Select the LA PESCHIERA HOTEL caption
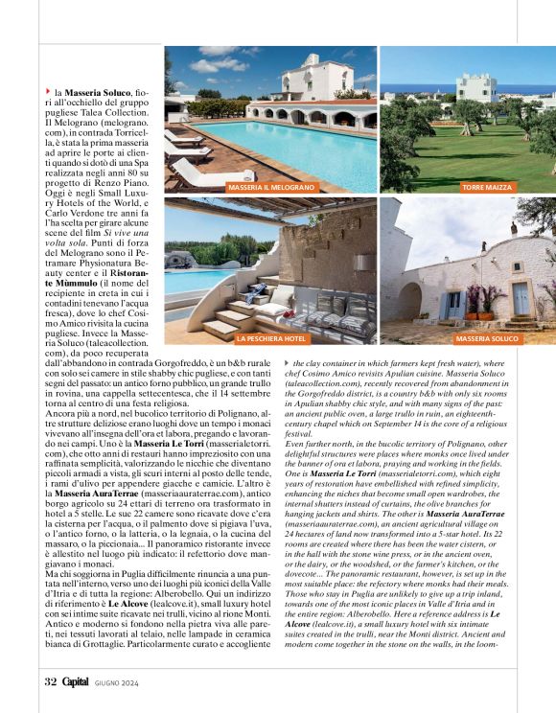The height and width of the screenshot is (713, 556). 243,338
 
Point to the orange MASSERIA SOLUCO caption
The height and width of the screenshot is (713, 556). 487,338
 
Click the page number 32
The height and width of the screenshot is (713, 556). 51,681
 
